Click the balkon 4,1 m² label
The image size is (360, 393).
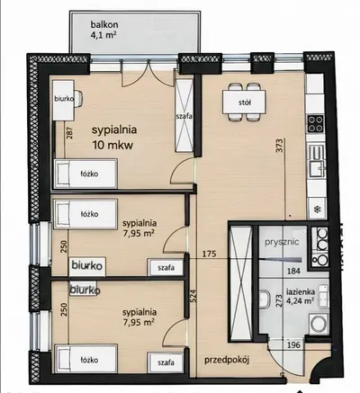pos(103,30)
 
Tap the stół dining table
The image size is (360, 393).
pos(244,103)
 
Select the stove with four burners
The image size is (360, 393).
pos(316,124)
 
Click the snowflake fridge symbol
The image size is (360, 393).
pos(317,209)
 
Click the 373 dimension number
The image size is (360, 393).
pos(279,146)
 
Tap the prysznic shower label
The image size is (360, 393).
pos(282,242)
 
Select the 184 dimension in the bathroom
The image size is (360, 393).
pos(293,272)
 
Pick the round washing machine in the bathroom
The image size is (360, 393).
pos(318,324)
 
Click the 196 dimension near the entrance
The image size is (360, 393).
pos(293,344)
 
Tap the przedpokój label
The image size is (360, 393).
pos(227,360)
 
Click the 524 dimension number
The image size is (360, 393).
pos(193,296)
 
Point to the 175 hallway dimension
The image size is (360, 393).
pos(209,254)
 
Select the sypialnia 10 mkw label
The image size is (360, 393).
pos(114,138)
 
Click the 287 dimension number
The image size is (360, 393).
pos(69,133)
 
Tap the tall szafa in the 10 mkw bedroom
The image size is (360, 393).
pos(184,115)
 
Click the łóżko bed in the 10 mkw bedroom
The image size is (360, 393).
pos(85,174)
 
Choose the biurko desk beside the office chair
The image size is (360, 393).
pos(64,99)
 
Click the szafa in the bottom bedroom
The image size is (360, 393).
pos(166,362)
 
